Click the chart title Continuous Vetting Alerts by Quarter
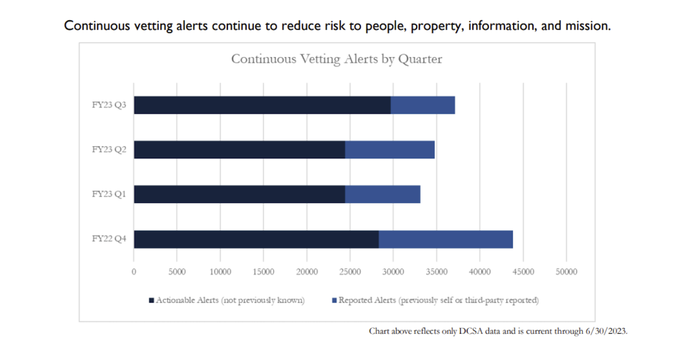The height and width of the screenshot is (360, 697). coord(337,59)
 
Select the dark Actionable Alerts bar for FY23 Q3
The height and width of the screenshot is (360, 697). coord(262,105)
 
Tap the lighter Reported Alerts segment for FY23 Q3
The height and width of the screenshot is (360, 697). coord(422,105)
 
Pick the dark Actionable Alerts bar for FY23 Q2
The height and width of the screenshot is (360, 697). coord(239,150)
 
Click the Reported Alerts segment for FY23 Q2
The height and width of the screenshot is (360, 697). coord(390,150)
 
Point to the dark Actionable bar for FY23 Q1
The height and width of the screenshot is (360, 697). coord(239,194)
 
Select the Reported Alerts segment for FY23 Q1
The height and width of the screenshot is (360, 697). coord(382,194)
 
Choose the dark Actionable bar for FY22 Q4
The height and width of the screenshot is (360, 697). coord(256,239)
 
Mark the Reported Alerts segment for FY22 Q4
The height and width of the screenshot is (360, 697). coord(446,239)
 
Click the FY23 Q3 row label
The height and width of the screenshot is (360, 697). coord(109,105)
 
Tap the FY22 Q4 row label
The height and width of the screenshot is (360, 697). coord(109,239)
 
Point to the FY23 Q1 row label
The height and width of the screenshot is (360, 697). coord(109,194)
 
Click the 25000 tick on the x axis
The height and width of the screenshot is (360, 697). coord(350,272)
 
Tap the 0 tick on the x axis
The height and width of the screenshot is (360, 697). coord(134,272)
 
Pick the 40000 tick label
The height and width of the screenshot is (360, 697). coord(479,272)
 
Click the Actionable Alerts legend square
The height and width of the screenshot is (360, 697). coord(152,300)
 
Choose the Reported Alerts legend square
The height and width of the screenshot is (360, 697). coord(334,300)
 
